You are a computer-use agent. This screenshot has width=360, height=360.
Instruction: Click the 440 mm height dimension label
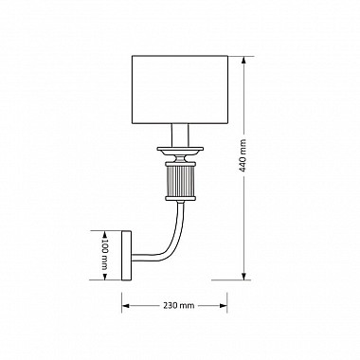tap(243, 155)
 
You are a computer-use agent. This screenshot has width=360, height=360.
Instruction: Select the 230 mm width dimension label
tap(179, 305)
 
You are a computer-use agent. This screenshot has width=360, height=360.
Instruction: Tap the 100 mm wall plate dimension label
tap(105, 255)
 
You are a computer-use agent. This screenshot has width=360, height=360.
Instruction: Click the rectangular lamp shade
tap(180, 90)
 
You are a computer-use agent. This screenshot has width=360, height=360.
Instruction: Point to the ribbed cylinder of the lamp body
tap(180, 181)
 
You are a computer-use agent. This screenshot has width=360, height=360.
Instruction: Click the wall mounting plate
tap(126, 256)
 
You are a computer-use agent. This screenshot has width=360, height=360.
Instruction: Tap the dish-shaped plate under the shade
tap(180, 151)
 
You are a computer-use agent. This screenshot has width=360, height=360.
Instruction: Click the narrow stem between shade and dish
tap(180, 135)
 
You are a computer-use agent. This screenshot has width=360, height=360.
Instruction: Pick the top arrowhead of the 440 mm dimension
tap(244, 60)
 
